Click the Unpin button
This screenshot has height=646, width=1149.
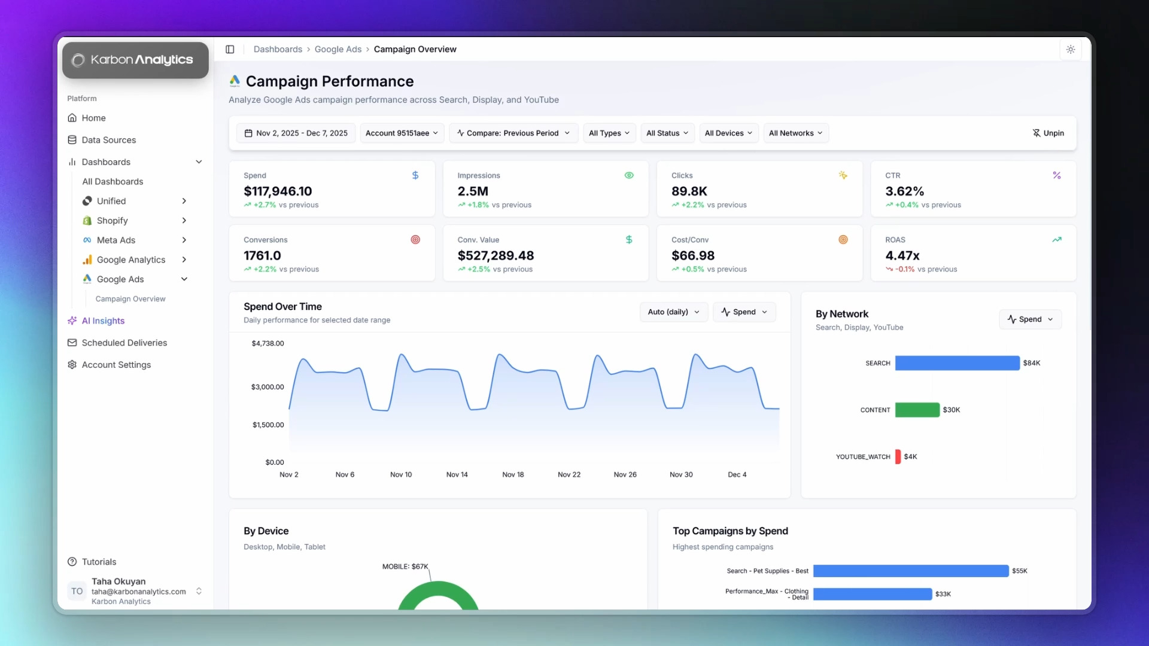click(x=1048, y=133)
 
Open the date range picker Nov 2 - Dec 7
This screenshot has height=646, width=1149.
click(x=296, y=133)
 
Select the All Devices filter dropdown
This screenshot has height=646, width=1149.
click(x=728, y=133)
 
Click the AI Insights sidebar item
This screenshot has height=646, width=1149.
click(x=103, y=321)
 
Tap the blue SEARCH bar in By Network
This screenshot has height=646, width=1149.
click(x=957, y=363)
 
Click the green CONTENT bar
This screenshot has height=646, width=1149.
click(x=917, y=410)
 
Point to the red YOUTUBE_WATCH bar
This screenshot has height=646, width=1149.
click(x=898, y=456)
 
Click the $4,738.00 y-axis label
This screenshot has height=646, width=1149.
click(x=268, y=343)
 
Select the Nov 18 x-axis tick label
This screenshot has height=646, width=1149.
click(x=513, y=474)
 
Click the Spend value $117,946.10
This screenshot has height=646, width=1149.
click(x=278, y=191)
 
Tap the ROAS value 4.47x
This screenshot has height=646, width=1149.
click(x=902, y=255)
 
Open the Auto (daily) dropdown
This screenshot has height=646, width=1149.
click(x=673, y=312)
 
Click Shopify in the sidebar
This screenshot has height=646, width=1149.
click(x=112, y=221)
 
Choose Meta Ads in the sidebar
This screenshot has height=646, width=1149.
click(x=115, y=240)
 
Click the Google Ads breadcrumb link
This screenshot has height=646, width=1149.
click(x=338, y=49)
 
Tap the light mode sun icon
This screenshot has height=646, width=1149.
click(x=1071, y=49)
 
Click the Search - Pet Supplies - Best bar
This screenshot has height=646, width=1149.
click(x=910, y=571)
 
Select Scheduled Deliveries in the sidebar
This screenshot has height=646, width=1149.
click(x=124, y=343)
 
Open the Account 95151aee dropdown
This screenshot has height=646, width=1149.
click(x=402, y=133)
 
